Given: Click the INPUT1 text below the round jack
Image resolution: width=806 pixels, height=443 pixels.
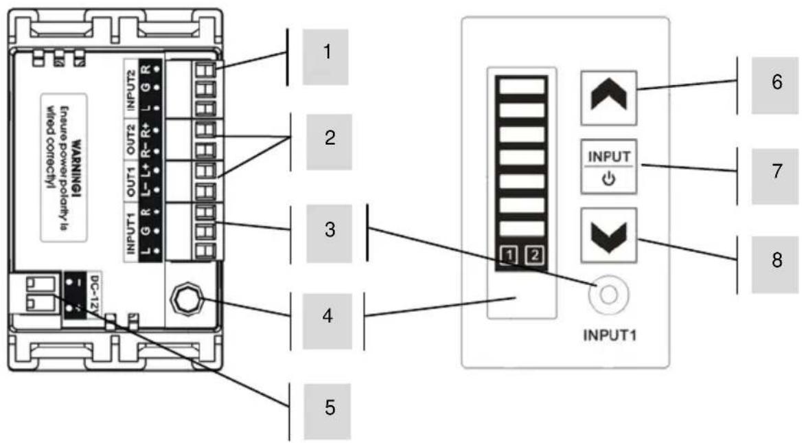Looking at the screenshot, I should click(606, 337).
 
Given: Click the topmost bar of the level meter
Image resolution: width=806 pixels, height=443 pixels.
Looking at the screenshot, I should click(522, 86).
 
